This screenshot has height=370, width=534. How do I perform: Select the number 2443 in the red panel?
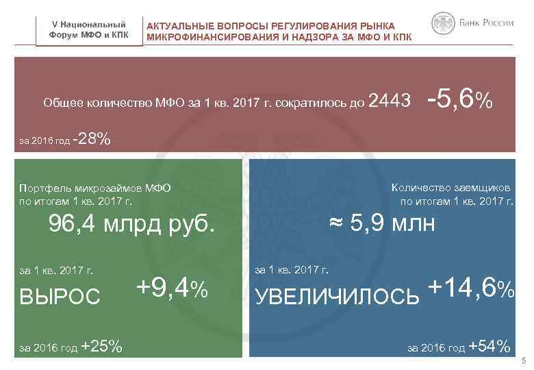pyautogui.click(x=389, y=103)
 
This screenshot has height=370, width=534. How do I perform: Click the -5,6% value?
pyautogui.click(x=459, y=101)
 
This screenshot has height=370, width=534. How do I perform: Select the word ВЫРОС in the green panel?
pyautogui.click(x=60, y=295)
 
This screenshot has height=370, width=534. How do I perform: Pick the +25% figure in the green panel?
pyautogui.click(x=101, y=347)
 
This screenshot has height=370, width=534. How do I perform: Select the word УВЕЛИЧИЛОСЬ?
pyautogui.click(x=337, y=295)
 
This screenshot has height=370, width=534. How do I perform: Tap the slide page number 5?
pyautogui.click(x=523, y=361)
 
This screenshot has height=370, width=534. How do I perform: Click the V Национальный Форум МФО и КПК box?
pyautogui.click(x=89, y=30)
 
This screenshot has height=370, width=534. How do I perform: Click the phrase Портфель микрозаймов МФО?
pyautogui.click(x=95, y=188)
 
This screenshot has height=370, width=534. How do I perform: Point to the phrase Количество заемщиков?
pyautogui.click(x=452, y=188)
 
